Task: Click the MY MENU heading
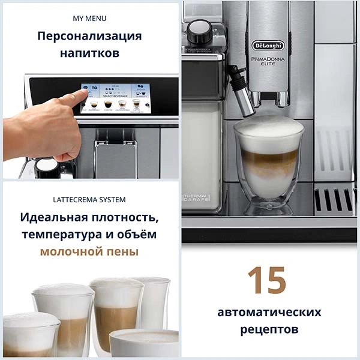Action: [x=89, y=18]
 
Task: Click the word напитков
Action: [x=89, y=53]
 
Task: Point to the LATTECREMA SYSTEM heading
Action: [x=89, y=199]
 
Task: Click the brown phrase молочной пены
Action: [x=89, y=251]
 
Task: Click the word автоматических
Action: [x=269, y=312]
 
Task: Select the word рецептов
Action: [x=269, y=329]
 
